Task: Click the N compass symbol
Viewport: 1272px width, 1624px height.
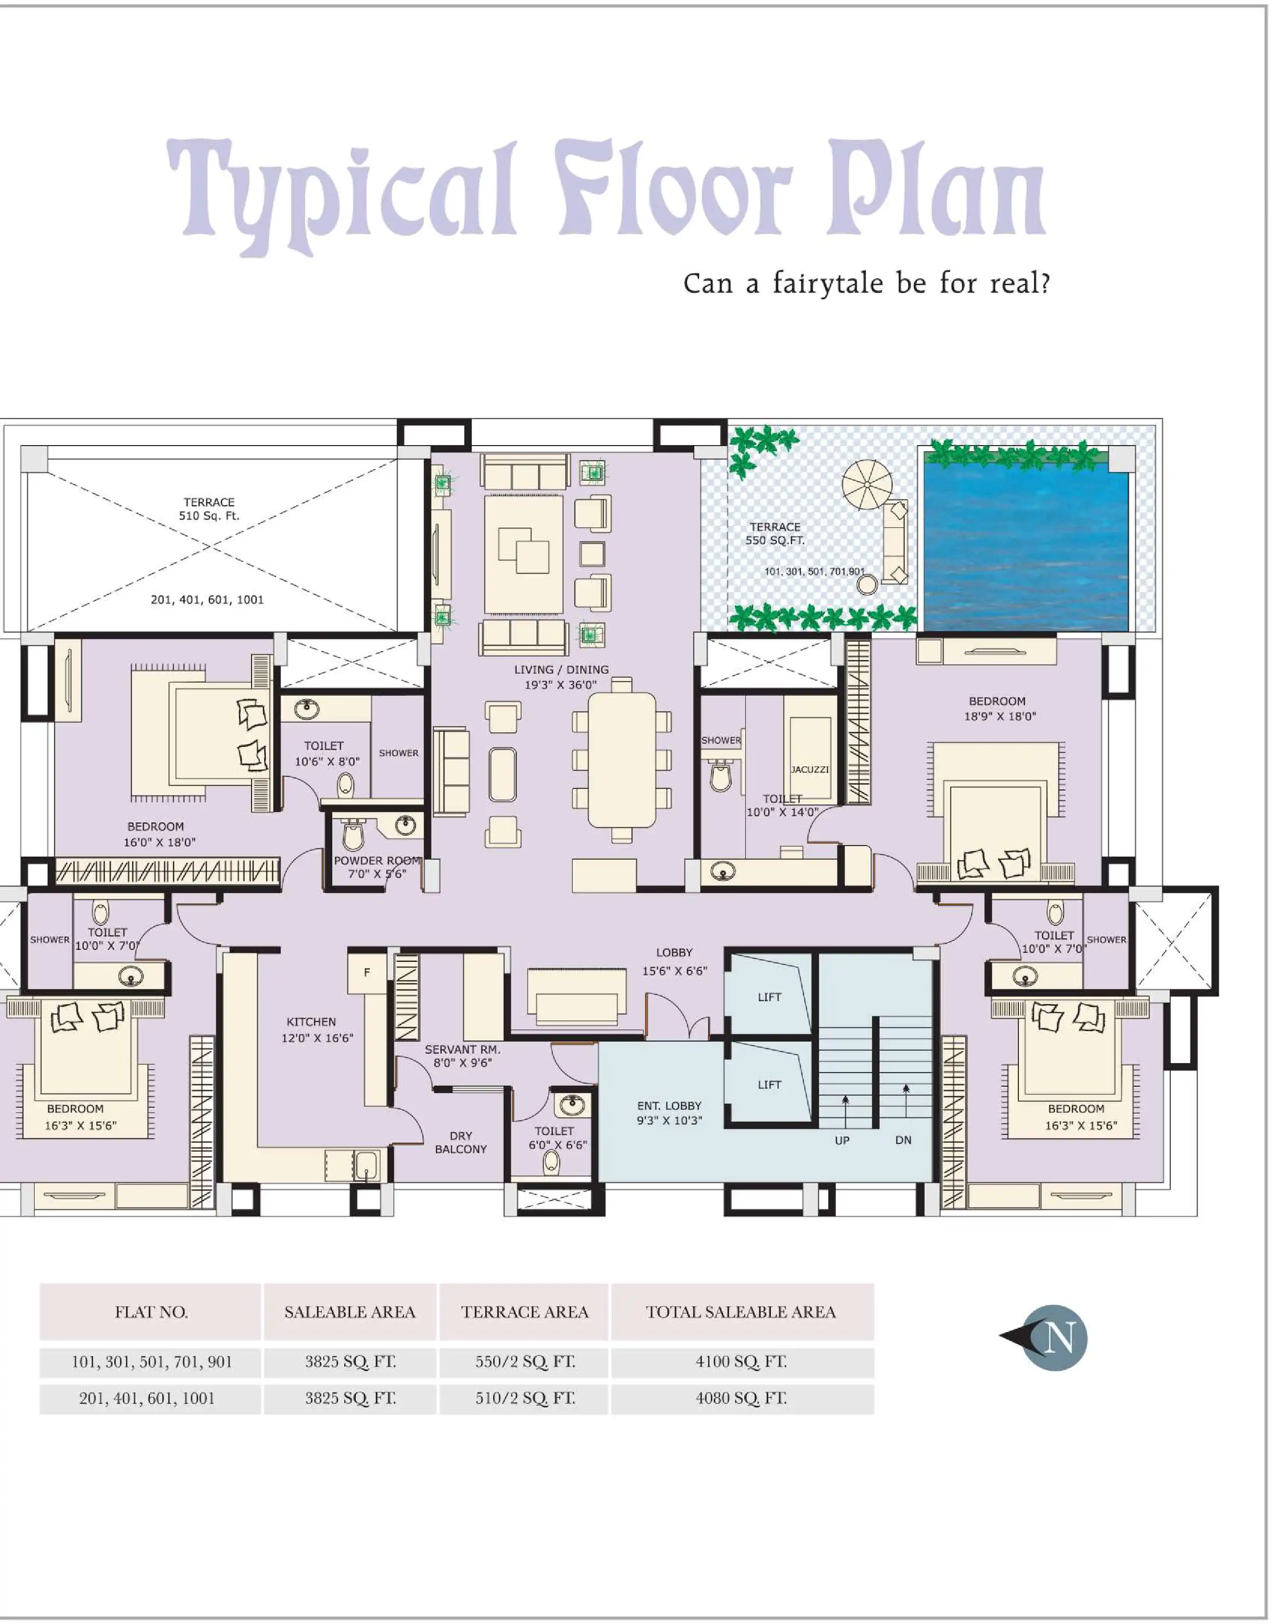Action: (1054, 1338)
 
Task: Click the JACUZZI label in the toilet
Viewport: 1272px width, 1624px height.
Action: (809, 769)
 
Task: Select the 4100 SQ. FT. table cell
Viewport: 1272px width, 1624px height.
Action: (741, 1362)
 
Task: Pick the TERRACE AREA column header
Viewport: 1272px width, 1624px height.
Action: (524, 1312)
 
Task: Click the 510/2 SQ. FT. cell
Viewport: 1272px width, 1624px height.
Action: (524, 1398)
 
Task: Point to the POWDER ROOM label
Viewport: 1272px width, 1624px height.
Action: (377, 861)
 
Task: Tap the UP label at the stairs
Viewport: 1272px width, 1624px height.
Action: (841, 1140)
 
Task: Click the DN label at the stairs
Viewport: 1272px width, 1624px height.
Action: (903, 1140)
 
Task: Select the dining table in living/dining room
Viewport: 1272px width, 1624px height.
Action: (622, 759)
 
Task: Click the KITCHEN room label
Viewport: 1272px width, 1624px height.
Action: (311, 1022)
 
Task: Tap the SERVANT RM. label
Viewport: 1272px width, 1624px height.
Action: (463, 1049)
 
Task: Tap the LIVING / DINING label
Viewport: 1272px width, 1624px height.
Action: (561, 670)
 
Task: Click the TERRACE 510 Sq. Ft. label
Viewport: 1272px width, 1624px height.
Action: (209, 509)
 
